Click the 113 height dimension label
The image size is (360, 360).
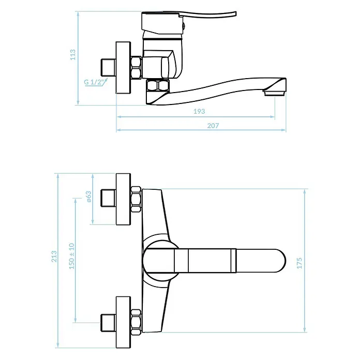click(x=73, y=55)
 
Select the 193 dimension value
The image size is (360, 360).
click(x=199, y=111)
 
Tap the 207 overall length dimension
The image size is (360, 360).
click(x=213, y=126)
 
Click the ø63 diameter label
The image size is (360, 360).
click(x=88, y=197)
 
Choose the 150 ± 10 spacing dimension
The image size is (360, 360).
click(x=71, y=256)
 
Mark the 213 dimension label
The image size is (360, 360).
click(x=54, y=257)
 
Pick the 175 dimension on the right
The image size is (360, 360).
click(x=299, y=263)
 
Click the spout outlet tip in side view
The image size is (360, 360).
click(x=275, y=93)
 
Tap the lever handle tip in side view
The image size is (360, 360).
click(x=235, y=13)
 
